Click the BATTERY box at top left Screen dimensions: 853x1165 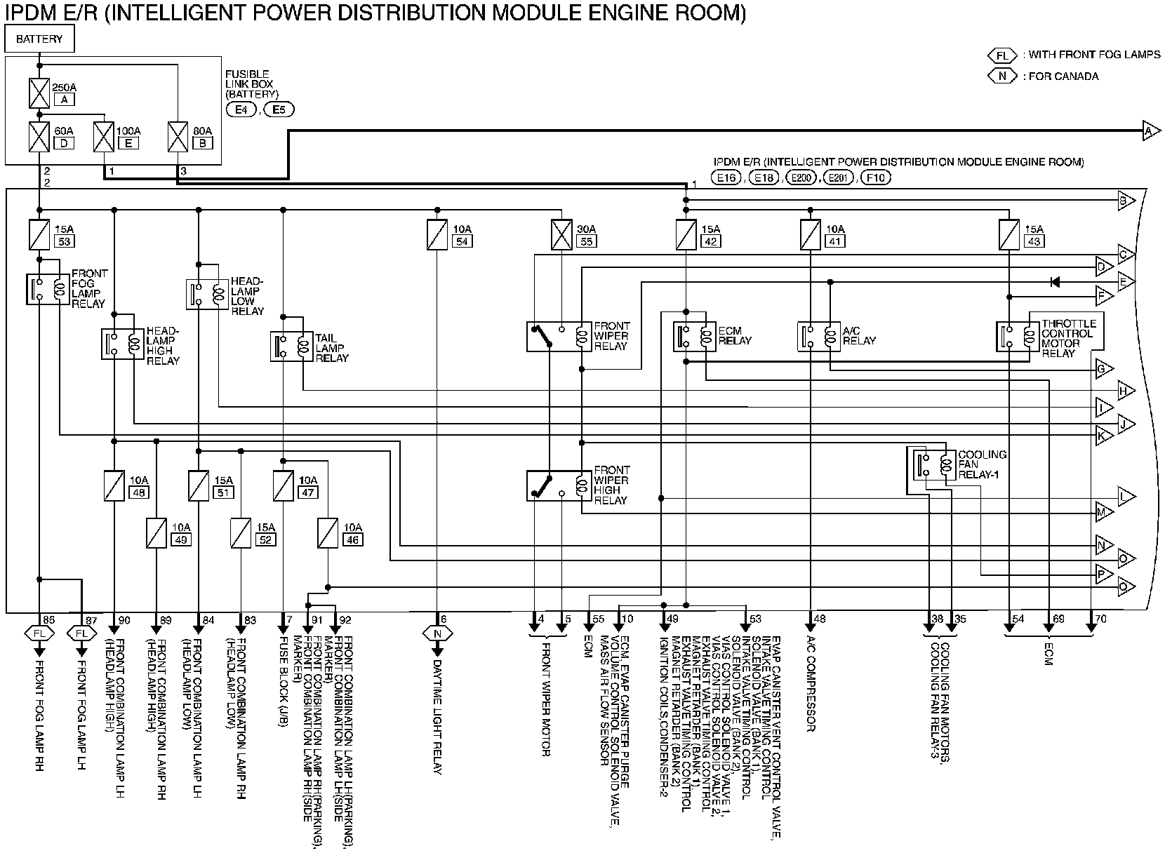[x=39, y=39]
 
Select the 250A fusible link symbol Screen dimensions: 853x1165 [x=39, y=93]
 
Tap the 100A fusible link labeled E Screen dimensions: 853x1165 [x=105, y=137]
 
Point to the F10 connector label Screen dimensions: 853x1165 [x=875, y=178]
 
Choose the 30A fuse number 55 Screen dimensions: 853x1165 [x=561, y=235]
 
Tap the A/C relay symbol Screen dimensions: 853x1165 [x=819, y=336]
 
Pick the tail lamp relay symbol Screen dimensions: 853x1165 [x=292, y=346]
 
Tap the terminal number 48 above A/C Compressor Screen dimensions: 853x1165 [x=820, y=619]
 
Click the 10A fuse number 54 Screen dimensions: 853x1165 [x=437, y=235]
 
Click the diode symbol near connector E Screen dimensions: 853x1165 [x=1054, y=282]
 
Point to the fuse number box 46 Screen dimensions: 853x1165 [x=353, y=540]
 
